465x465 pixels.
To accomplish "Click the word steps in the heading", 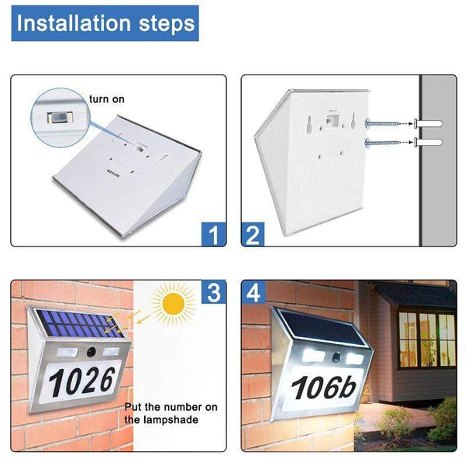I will pos(164,23).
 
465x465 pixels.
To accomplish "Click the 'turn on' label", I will pos(106,99).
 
